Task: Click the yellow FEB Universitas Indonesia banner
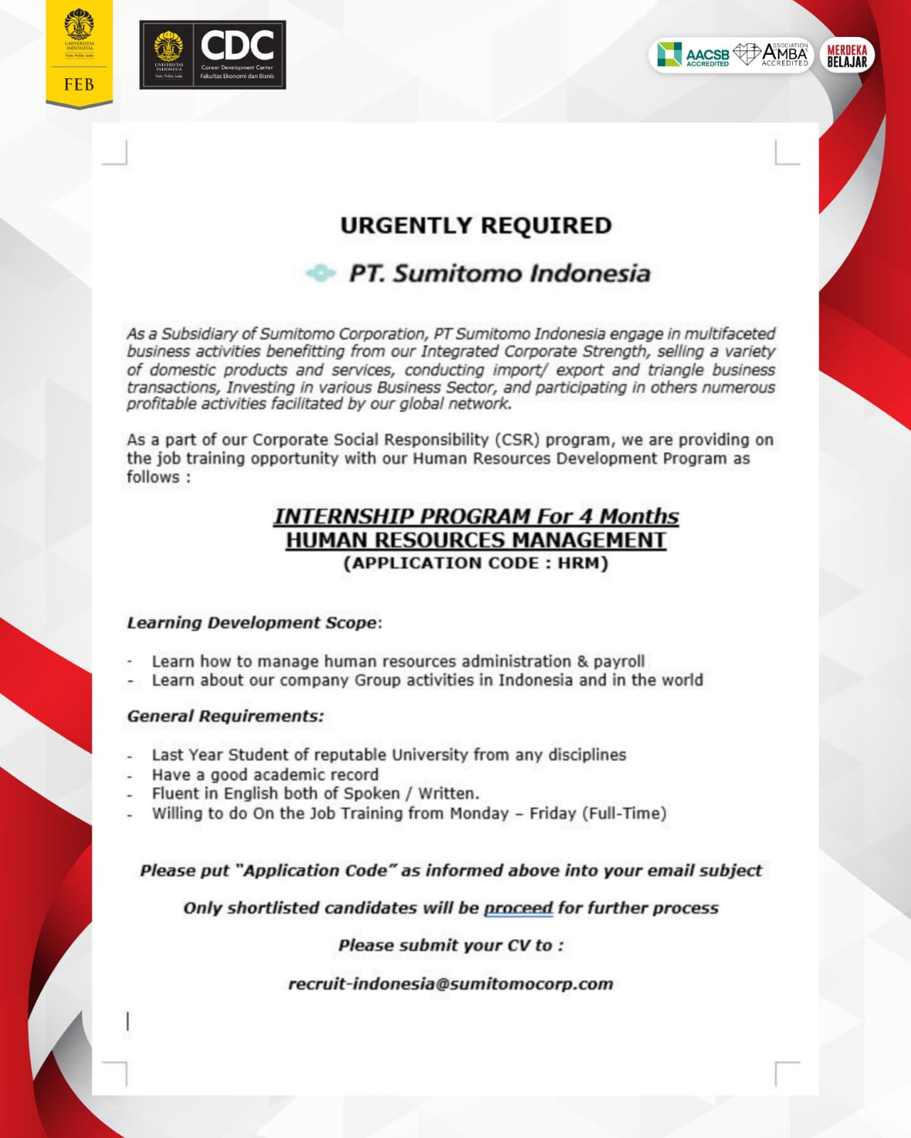[x=79, y=54]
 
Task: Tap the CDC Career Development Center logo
[x=212, y=55]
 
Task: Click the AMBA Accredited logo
[x=772, y=55]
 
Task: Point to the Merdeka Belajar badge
[x=847, y=55]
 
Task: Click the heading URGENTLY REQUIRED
[x=475, y=225]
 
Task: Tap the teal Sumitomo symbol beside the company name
[x=320, y=273]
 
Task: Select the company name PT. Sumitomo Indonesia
[x=499, y=274]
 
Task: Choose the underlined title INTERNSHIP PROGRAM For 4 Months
[x=475, y=516]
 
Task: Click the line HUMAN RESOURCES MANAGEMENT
[x=475, y=541]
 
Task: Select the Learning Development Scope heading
[x=254, y=623]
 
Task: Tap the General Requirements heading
[x=225, y=716]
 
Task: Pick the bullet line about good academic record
[x=265, y=775]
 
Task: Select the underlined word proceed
[x=518, y=908]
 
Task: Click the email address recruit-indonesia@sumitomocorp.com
[x=451, y=984]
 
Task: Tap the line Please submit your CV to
[x=451, y=946]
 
